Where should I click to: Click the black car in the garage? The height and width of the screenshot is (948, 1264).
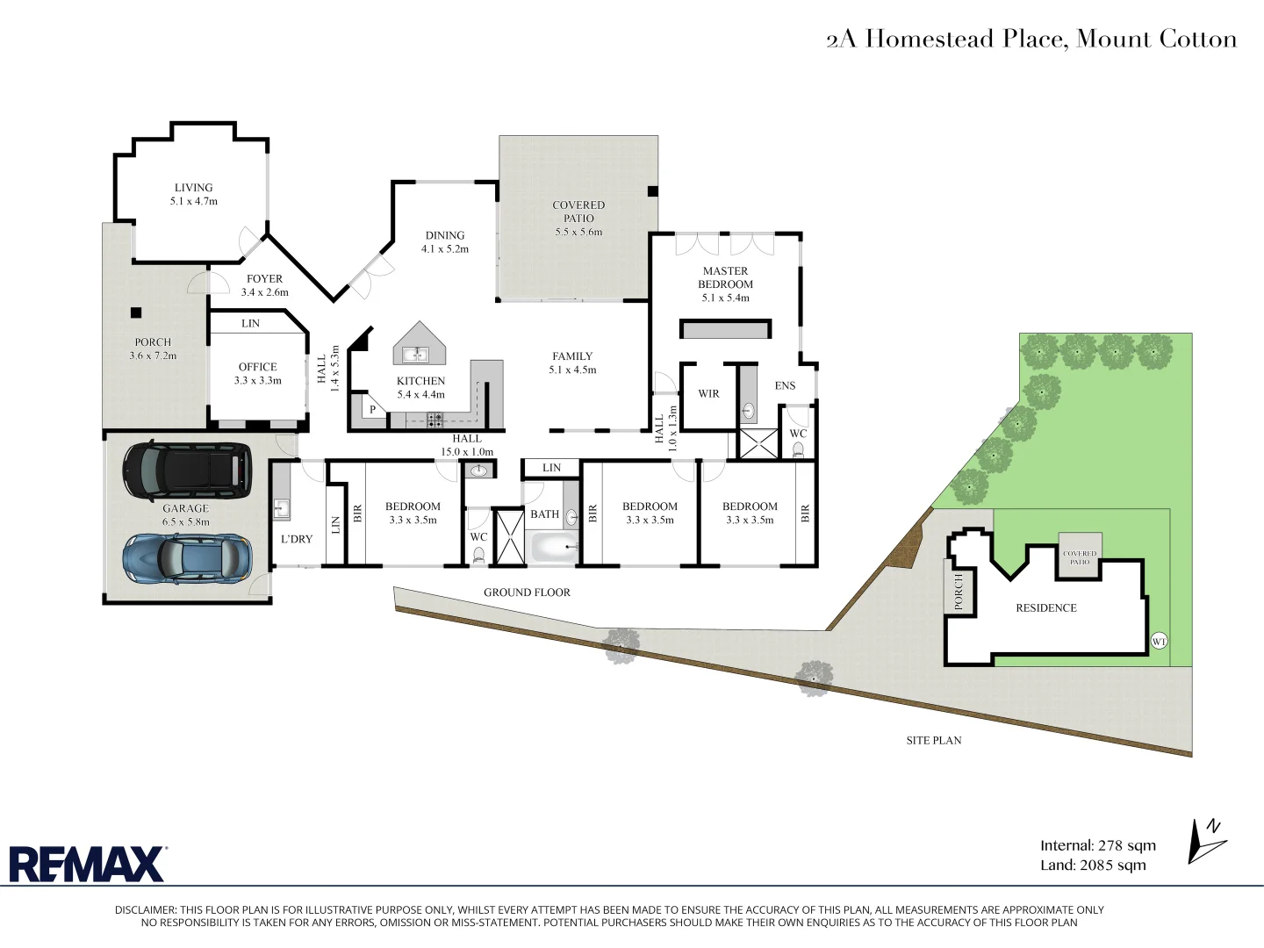tap(186, 469)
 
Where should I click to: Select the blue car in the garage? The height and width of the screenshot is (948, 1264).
tap(187, 558)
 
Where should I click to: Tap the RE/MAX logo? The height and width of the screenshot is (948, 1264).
tap(87, 864)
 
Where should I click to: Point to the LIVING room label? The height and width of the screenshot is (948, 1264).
tap(193, 188)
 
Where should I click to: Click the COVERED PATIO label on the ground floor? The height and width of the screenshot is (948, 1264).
tap(578, 212)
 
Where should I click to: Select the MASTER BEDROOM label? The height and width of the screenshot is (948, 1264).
tap(725, 277)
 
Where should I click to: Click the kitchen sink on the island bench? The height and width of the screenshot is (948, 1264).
tap(414, 355)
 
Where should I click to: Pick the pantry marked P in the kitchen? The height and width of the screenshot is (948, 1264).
tap(372, 409)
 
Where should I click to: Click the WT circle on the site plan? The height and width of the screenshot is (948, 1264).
tap(1159, 642)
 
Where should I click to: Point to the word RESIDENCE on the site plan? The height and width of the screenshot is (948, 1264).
tap(1045, 607)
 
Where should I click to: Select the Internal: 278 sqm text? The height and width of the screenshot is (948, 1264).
tap(1097, 845)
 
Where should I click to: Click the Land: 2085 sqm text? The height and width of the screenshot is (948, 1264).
tap(1093, 865)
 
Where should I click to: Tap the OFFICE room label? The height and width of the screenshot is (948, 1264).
tap(257, 367)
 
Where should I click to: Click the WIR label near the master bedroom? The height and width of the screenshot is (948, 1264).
tap(708, 394)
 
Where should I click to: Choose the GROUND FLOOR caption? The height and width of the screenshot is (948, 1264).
tap(527, 592)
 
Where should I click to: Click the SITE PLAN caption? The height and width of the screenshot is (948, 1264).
tap(933, 740)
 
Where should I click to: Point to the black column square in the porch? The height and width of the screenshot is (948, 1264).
tap(136, 312)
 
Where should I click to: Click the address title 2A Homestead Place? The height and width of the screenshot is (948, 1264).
tap(1031, 39)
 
